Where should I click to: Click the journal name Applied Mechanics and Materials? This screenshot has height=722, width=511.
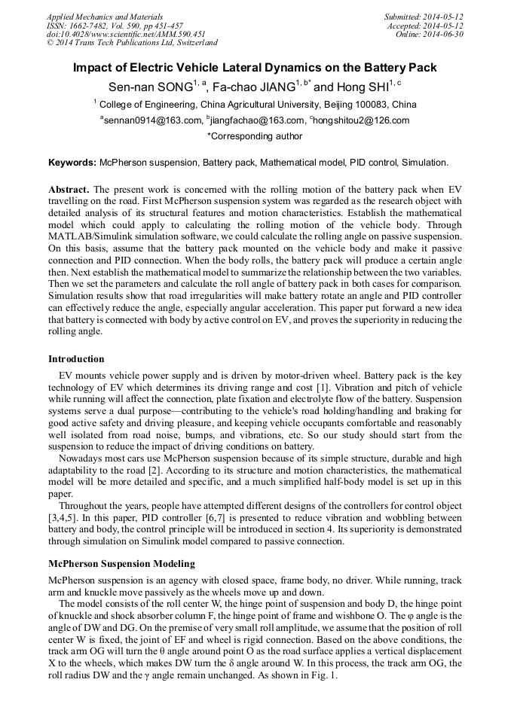[105, 17]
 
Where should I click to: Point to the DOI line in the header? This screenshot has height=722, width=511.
[126, 35]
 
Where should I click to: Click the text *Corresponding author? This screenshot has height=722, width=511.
[255, 137]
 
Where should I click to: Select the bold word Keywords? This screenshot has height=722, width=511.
[72, 163]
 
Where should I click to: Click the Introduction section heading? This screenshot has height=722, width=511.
[76, 359]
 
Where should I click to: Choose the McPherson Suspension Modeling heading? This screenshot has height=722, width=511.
[121, 564]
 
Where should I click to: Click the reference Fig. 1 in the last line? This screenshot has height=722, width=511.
[325, 675]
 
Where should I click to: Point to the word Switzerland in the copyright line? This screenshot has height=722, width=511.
[193, 44]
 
